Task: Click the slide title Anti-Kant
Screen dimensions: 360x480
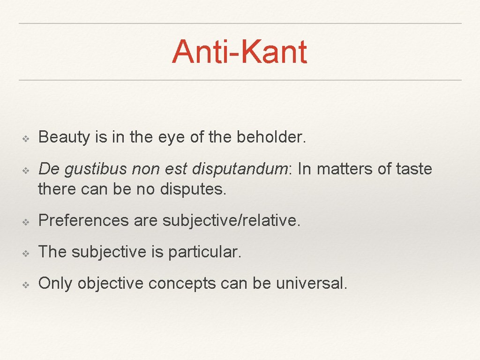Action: (x=240, y=52)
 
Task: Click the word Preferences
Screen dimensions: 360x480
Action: (x=83, y=221)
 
